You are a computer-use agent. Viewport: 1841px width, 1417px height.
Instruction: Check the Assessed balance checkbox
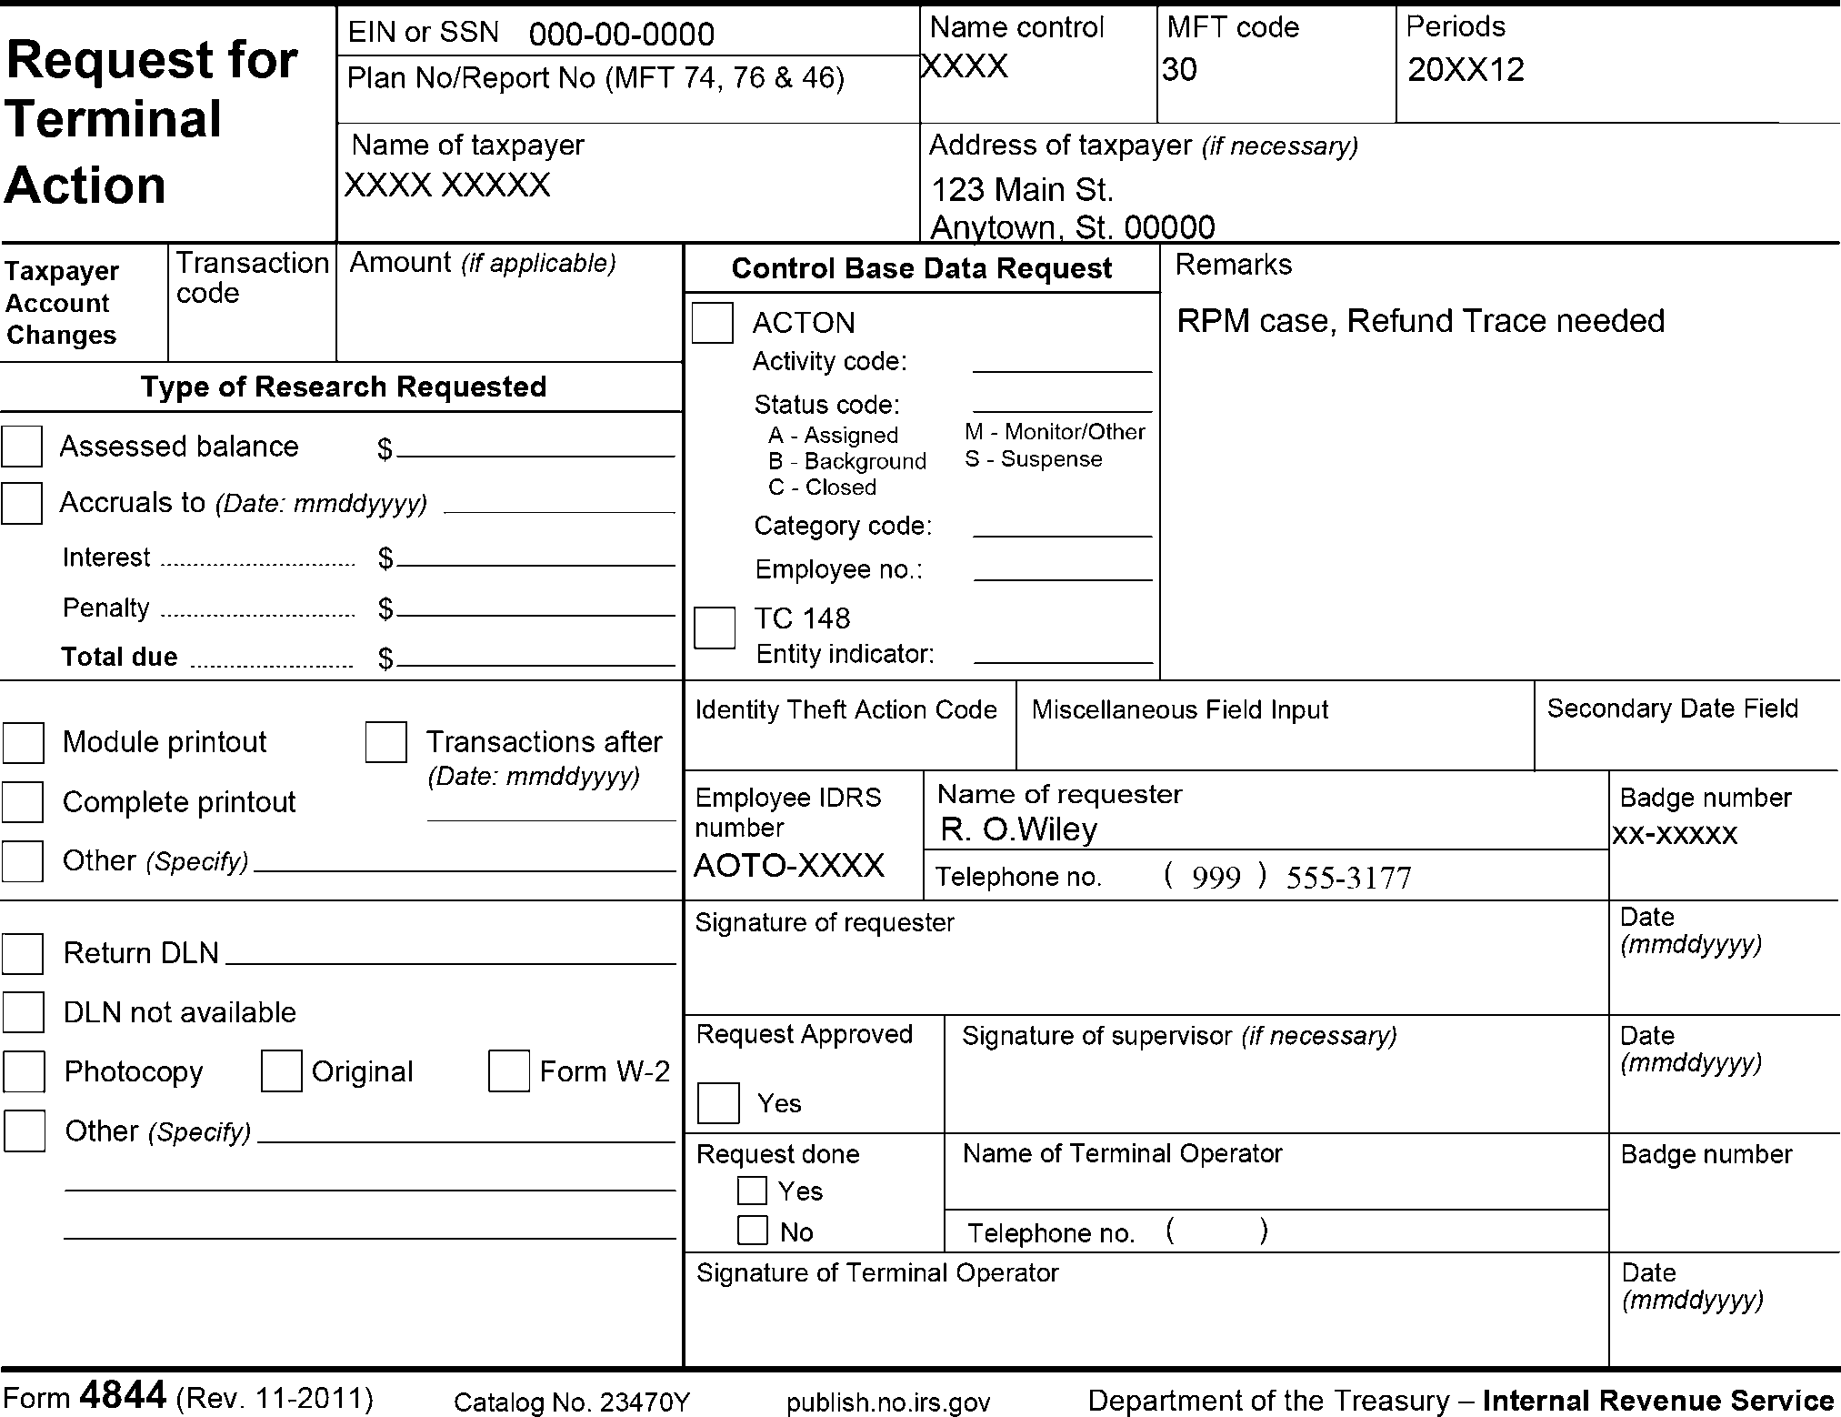pyautogui.click(x=22, y=447)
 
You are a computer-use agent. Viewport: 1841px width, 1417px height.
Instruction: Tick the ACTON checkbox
pyautogui.click(x=712, y=323)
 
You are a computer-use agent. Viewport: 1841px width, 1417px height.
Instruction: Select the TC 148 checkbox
pyautogui.click(x=714, y=628)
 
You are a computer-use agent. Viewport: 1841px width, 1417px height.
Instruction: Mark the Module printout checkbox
pyautogui.click(x=24, y=742)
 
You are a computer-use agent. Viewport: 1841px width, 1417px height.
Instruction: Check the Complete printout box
pyautogui.click(x=23, y=802)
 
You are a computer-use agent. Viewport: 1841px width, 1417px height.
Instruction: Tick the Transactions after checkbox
pyautogui.click(x=385, y=742)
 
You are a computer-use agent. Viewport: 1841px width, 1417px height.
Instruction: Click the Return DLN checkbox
pyautogui.click(x=23, y=953)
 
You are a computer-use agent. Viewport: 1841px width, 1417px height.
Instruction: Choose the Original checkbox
pyautogui.click(x=281, y=1071)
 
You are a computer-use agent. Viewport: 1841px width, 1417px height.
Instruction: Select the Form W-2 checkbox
pyautogui.click(x=508, y=1071)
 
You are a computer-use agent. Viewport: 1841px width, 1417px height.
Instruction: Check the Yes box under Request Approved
pyautogui.click(x=718, y=1103)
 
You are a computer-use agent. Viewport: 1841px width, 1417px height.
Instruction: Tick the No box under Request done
pyautogui.click(x=752, y=1231)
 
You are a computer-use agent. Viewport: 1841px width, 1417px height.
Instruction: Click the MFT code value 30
pyautogui.click(x=1179, y=70)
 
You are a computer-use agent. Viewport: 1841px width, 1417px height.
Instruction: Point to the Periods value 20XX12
pyautogui.click(x=1466, y=70)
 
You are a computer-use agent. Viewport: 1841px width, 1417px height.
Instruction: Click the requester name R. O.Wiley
pyautogui.click(x=1018, y=829)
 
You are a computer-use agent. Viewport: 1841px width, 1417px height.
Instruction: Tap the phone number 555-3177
pyautogui.click(x=1348, y=878)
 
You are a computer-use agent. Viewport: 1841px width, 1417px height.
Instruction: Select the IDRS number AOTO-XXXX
pyautogui.click(x=788, y=865)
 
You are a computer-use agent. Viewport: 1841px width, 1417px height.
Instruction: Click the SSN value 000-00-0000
pyautogui.click(x=621, y=35)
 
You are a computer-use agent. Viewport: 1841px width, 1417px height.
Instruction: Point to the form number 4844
pyautogui.click(x=124, y=1395)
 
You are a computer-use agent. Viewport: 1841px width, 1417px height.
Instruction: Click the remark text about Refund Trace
pyautogui.click(x=1420, y=321)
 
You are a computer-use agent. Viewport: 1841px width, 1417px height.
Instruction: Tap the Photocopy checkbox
pyautogui.click(x=24, y=1071)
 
